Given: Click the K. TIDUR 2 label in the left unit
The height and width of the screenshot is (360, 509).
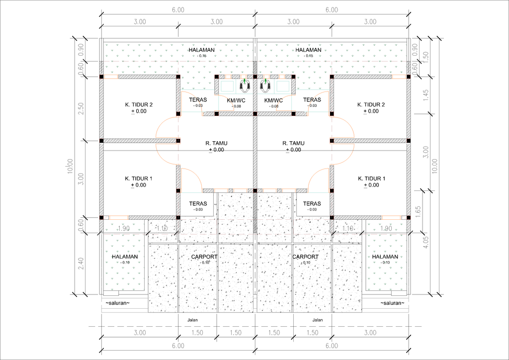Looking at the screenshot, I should pyautogui.click(x=139, y=104).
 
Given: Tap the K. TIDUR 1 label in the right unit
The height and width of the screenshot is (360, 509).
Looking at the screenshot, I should pyautogui.click(x=371, y=178).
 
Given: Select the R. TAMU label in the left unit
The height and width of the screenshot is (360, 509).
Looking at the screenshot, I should pyautogui.click(x=216, y=143).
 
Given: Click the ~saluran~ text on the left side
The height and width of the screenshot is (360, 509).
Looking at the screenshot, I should pyautogui.click(x=117, y=303).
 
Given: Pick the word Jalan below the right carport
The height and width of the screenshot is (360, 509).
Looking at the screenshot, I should pyautogui.click(x=317, y=320).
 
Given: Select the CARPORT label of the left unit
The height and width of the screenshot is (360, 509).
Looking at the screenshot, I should pyautogui.click(x=204, y=257).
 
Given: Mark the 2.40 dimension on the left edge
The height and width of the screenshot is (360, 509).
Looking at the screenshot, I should pyautogui.click(x=82, y=264).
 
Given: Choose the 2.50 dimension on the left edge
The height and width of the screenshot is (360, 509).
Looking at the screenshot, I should pyautogui.click(x=82, y=108).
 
